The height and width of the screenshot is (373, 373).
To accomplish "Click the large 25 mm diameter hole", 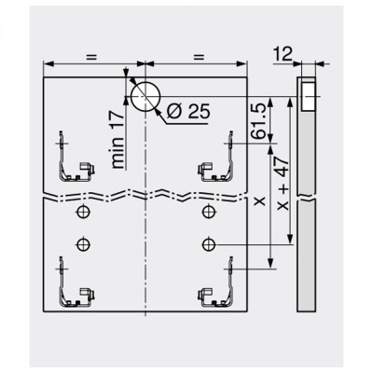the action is [145, 97].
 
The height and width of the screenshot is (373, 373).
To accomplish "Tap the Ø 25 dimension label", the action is [188, 111].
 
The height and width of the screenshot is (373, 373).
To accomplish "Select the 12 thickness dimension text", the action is [283, 54].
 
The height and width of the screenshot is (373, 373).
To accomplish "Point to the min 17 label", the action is [118, 139].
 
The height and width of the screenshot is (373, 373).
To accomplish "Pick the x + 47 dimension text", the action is [283, 183].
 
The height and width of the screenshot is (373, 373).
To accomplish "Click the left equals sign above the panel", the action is [91, 57].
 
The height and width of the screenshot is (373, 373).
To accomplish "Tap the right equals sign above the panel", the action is [199, 57].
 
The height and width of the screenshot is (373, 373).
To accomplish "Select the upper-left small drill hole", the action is [83, 212].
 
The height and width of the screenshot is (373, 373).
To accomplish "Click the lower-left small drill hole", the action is [83, 244].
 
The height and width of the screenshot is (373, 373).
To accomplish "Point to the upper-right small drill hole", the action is [209, 212].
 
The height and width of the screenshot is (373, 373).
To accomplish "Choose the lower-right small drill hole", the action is [209, 245].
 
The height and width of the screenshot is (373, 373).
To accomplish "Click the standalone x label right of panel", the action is [260, 201].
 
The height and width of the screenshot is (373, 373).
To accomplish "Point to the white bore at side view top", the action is [309, 96].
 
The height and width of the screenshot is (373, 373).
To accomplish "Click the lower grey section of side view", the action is [307, 256].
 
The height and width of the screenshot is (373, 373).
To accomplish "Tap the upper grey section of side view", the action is [307, 152].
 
